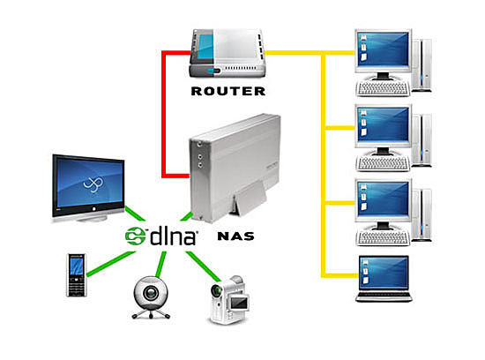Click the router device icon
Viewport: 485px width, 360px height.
[x=228, y=54]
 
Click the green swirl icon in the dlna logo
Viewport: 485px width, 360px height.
[x=136, y=236]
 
